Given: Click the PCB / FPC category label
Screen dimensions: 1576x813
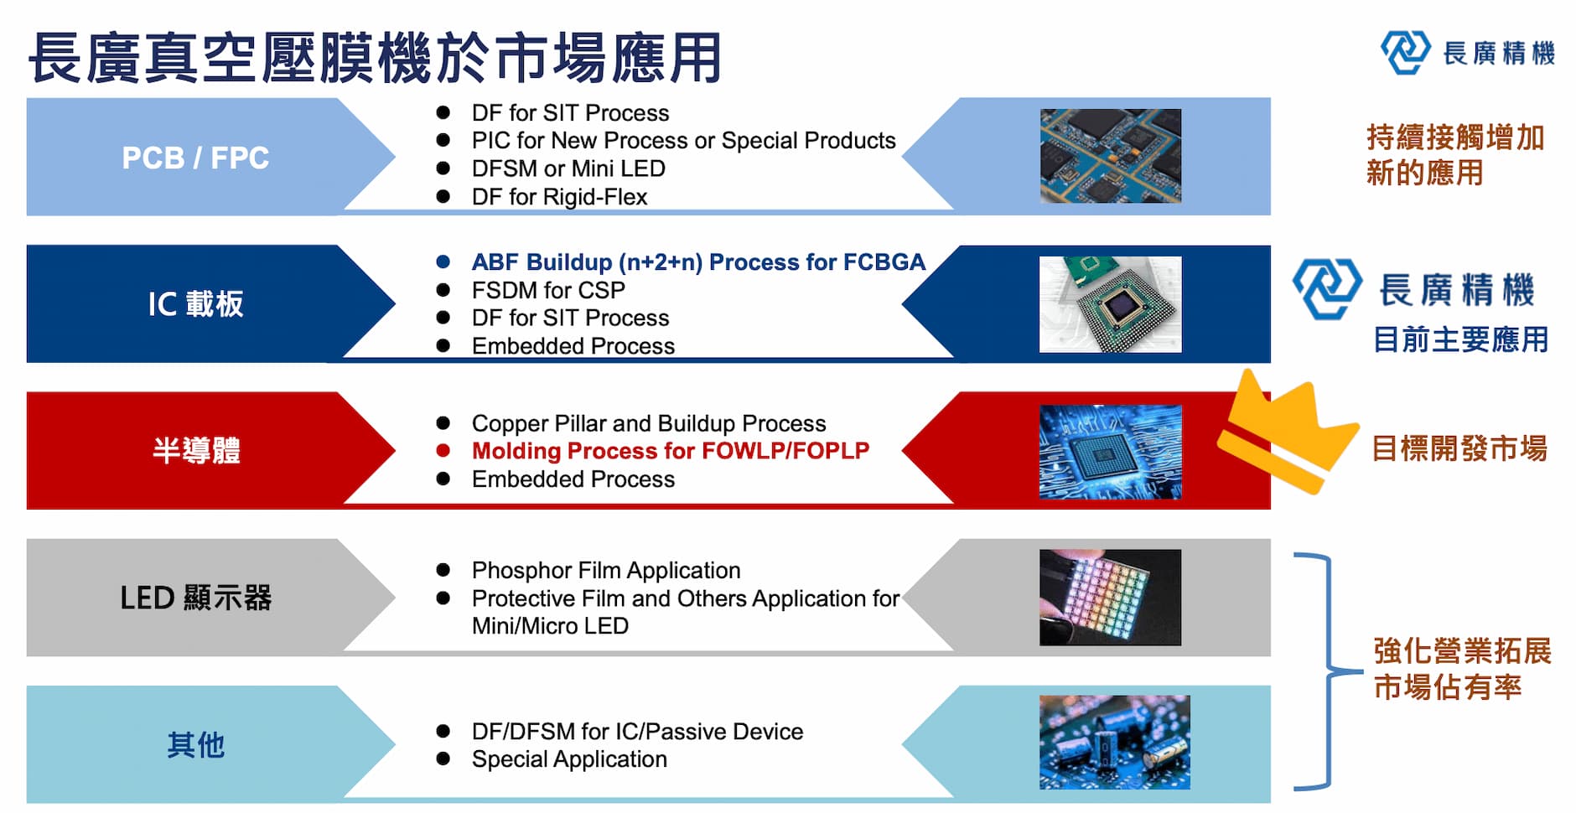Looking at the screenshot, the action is (195, 158).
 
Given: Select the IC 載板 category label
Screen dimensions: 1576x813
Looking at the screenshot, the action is (195, 303).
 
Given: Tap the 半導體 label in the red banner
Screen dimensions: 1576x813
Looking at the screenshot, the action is (196, 450).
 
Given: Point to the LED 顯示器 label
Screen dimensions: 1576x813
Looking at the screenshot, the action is (196, 598).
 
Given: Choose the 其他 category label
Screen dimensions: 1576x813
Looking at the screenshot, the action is (195, 744).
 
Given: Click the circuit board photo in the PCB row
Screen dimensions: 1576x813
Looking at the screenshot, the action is (1111, 156).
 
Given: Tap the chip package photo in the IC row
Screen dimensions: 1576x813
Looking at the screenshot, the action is (1111, 304).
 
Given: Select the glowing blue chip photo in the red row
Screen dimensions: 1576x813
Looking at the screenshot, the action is (1111, 452).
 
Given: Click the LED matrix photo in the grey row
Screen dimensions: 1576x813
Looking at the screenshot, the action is (1111, 598).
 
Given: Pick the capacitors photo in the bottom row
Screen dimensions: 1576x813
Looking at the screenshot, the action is (1115, 743).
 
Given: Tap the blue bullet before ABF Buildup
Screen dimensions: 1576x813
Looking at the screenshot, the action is (443, 262).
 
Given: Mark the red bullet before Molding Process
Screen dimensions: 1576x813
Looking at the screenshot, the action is (443, 451).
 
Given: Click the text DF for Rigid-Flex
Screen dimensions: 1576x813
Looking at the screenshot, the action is (559, 197).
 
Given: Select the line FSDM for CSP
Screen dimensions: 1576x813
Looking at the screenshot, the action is (548, 290).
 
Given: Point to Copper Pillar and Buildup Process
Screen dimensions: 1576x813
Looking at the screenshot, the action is (649, 423).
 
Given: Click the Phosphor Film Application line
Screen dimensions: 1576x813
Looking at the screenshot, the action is (606, 570).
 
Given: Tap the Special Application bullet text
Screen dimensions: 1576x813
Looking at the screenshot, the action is (569, 759).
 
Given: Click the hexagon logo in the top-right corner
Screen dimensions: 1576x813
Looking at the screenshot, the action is (1405, 52).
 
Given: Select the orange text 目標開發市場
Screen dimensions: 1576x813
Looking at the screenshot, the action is (1459, 448).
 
